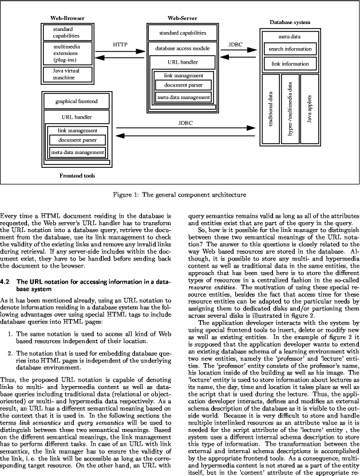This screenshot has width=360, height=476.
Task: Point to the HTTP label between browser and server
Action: click(120, 44)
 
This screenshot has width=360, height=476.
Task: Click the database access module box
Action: click(182, 49)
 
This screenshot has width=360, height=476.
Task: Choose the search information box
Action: click(290, 49)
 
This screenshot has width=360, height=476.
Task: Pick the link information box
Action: click(290, 64)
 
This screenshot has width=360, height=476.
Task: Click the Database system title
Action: click(290, 22)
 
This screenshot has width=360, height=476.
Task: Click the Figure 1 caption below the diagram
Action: click(180, 194)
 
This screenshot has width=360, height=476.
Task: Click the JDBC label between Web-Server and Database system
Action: click(235, 44)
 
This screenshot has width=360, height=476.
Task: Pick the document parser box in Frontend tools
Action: click(77, 140)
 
